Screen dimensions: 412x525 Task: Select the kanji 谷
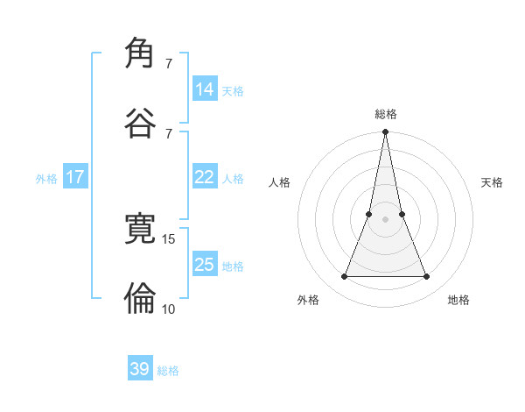(x=141, y=122)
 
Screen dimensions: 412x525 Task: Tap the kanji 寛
(x=141, y=229)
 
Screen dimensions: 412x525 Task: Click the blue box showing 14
(x=205, y=89)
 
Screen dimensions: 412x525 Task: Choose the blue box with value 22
(x=205, y=177)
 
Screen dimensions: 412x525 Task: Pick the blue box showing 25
(x=205, y=264)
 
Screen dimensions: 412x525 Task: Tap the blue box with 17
(x=75, y=177)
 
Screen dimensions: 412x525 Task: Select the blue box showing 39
(x=140, y=369)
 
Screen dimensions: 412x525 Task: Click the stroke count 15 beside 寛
(x=169, y=238)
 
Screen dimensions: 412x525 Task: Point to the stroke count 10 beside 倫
(x=169, y=309)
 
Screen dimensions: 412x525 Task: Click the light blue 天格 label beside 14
(x=233, y=90)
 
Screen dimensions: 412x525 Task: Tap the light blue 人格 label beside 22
(x=233, y=179)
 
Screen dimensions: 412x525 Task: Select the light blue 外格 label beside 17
(x=46, y=179)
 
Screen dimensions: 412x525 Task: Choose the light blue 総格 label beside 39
(x=168, y=371)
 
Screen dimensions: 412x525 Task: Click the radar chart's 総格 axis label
(x=385, y=114)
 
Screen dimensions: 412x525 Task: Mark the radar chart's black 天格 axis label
(x=493, y=182)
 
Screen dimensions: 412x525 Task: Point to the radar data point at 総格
(x=385, y=132)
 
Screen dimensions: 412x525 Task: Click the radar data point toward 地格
(x=427, y=277)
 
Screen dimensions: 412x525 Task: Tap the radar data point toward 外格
(x=344, y=277)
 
